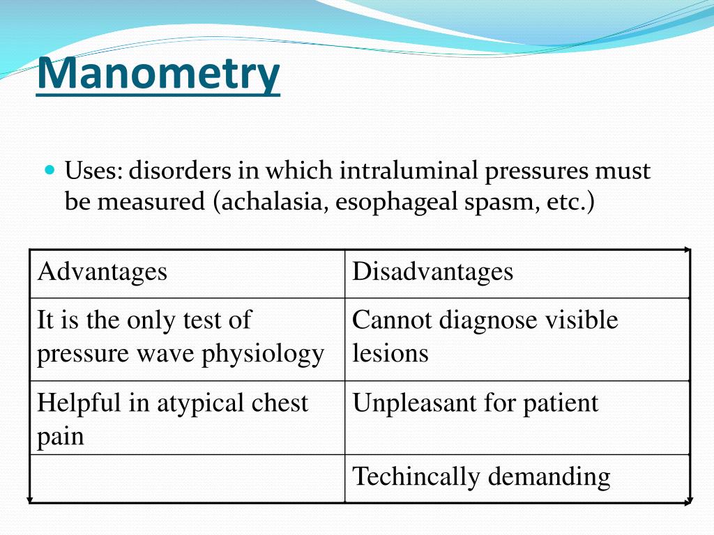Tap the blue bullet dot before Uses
coord(49,169)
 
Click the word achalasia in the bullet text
coord(273,203)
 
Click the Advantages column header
coord(102,272)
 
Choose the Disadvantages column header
coord(432,272)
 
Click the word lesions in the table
coord(390,353)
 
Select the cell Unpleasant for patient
coord(475,403)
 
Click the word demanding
coord(549,477)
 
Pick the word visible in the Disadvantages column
coord(582,320)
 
